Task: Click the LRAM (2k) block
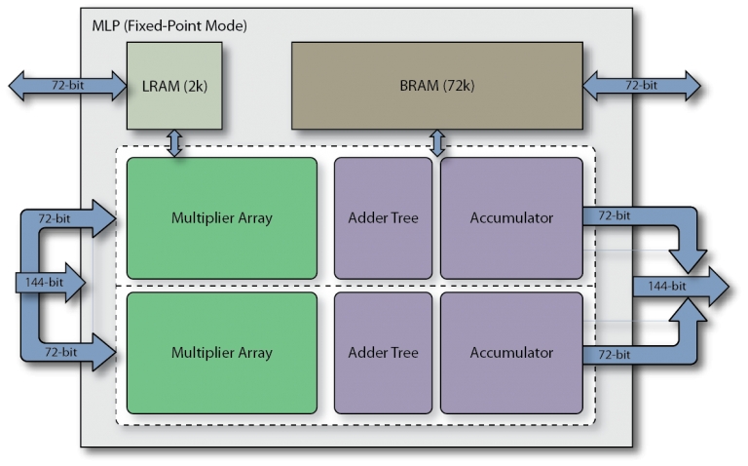click(174, 85)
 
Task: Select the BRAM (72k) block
click(437, 85)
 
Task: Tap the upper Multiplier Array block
click(221, 217)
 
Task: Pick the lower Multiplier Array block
click(221, 352)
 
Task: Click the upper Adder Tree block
click(383, 217)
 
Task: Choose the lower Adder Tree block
click(383, 352)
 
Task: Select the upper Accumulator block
click(511, 217)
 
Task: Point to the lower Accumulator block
click(511, 352)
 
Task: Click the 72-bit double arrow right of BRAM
click(641, 86)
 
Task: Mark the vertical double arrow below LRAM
click(174, 144)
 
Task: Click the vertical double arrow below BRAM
click(437, 144)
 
